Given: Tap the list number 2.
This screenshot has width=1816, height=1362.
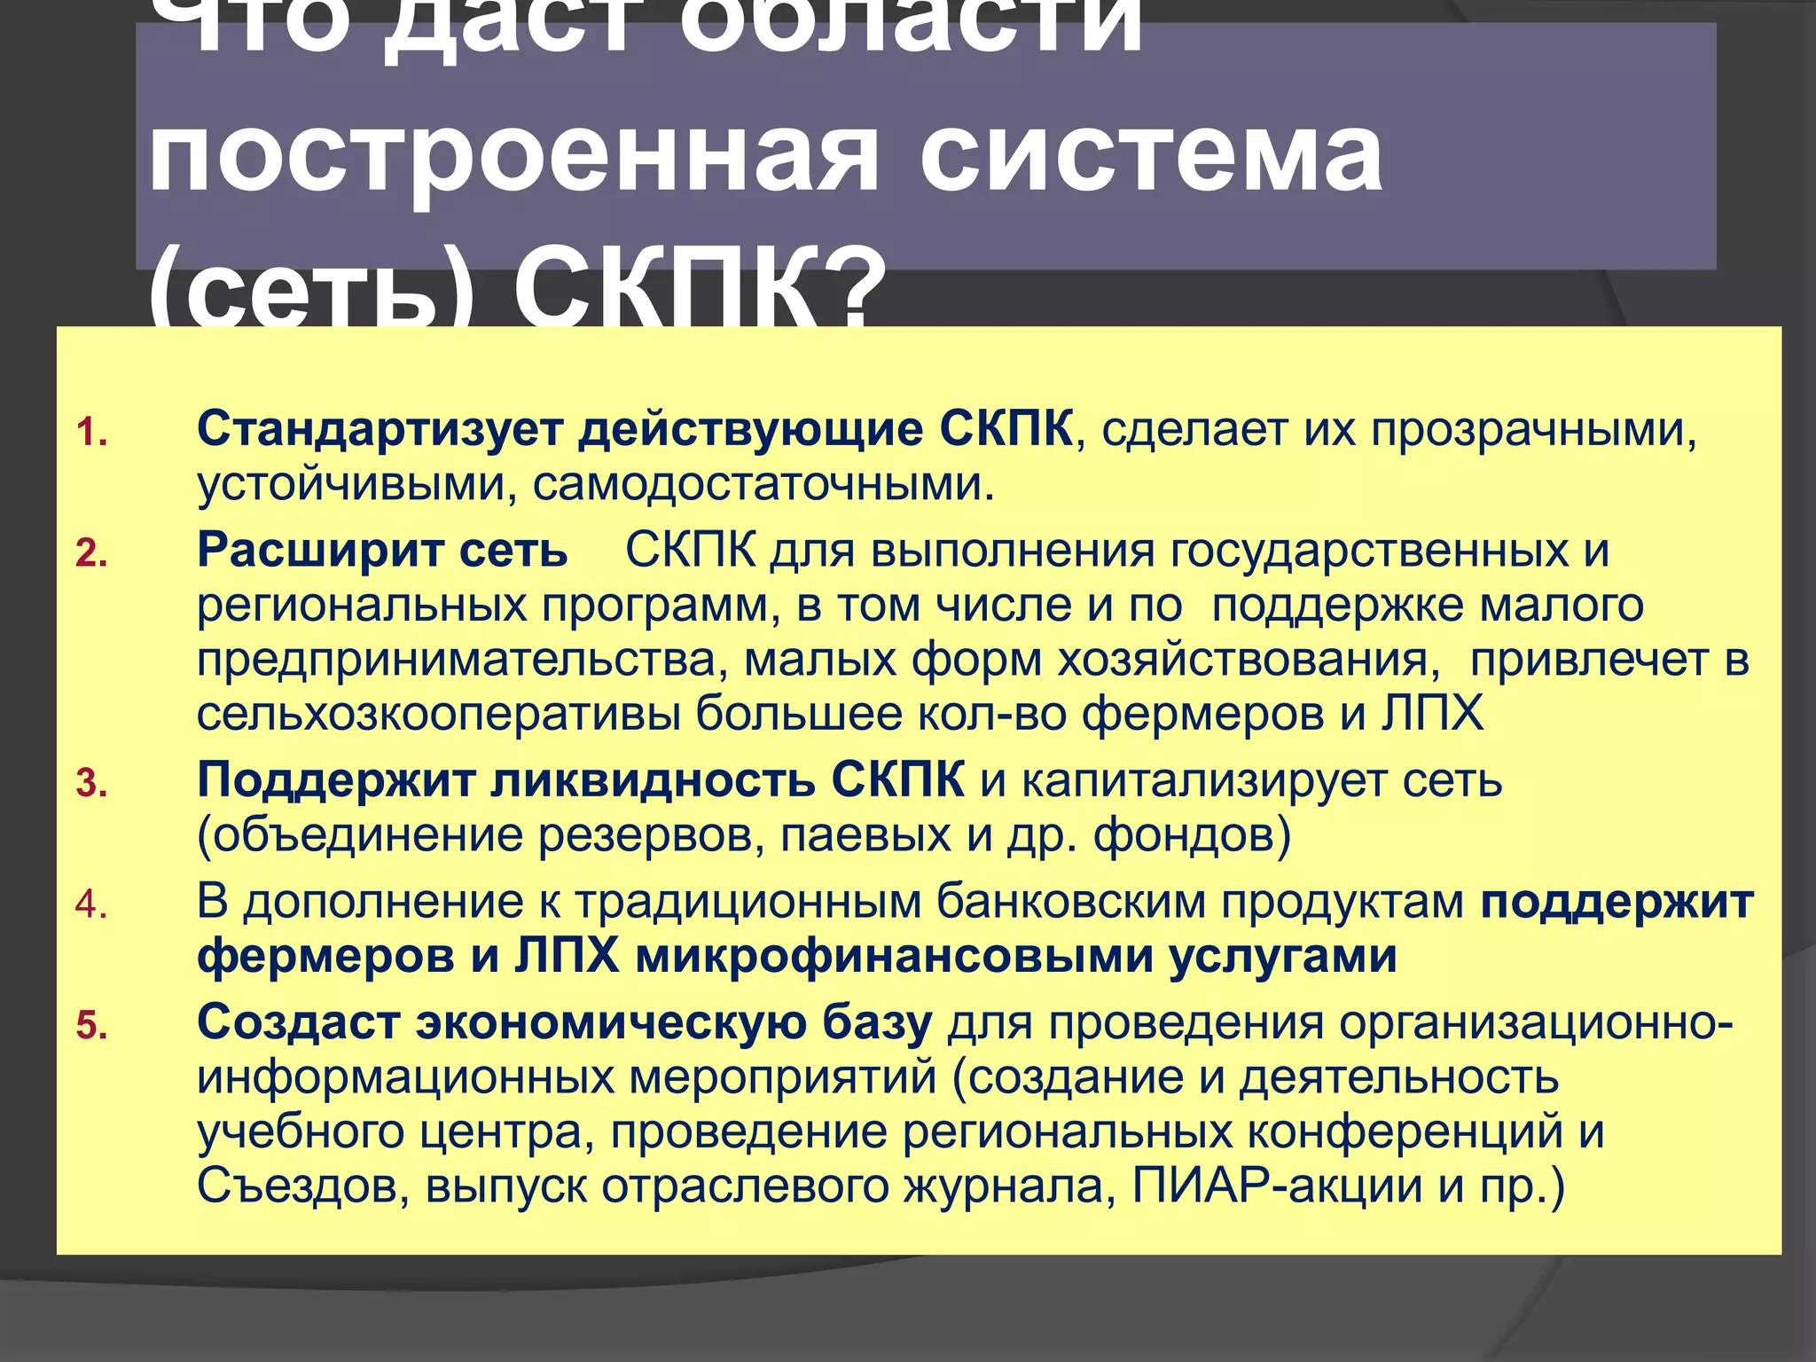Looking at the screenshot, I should [90, 554].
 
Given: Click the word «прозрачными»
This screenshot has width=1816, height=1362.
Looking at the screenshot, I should [1533, 430].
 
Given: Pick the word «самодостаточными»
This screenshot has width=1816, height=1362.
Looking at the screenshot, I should [763, 485].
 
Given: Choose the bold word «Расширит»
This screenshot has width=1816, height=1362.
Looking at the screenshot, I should [318, 551].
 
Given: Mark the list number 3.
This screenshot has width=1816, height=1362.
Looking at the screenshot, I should [90, 785].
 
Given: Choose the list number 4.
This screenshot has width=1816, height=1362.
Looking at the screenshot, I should [90, 905].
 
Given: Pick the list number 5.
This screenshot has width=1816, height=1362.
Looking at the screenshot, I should [90, 1027].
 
